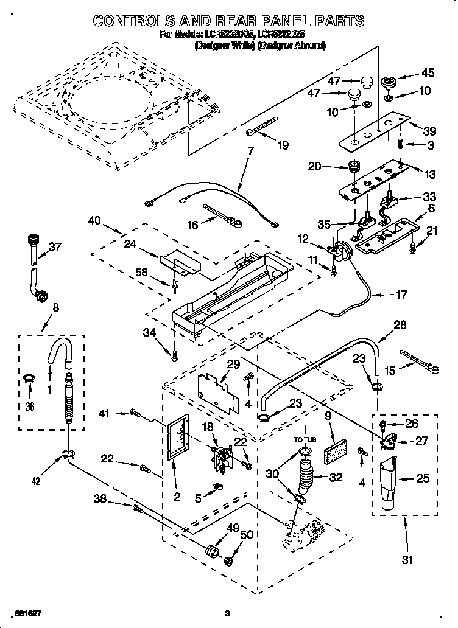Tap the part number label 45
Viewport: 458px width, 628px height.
coord(428,73)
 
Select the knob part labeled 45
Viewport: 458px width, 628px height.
coord(387,82)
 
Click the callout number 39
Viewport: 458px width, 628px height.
coord(430,131)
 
